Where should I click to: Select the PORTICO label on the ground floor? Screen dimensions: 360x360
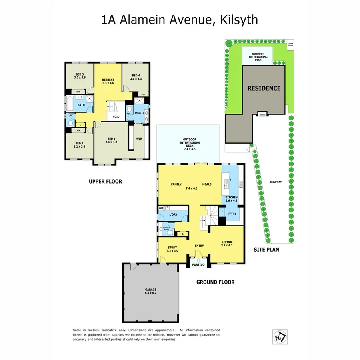pos(198,265)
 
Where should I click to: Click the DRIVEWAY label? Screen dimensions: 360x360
pos(275,182)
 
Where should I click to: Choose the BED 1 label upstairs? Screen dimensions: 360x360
pos(111,139)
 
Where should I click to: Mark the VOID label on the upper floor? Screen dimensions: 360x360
pos(116,117)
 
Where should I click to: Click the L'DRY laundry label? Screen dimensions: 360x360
pos(173,215)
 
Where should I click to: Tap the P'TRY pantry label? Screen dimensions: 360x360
pos(232,214)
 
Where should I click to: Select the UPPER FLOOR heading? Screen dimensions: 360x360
pos(105,182)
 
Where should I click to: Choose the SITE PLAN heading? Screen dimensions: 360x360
pos(266,250)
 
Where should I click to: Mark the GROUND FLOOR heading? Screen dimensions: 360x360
pos(215,282)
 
